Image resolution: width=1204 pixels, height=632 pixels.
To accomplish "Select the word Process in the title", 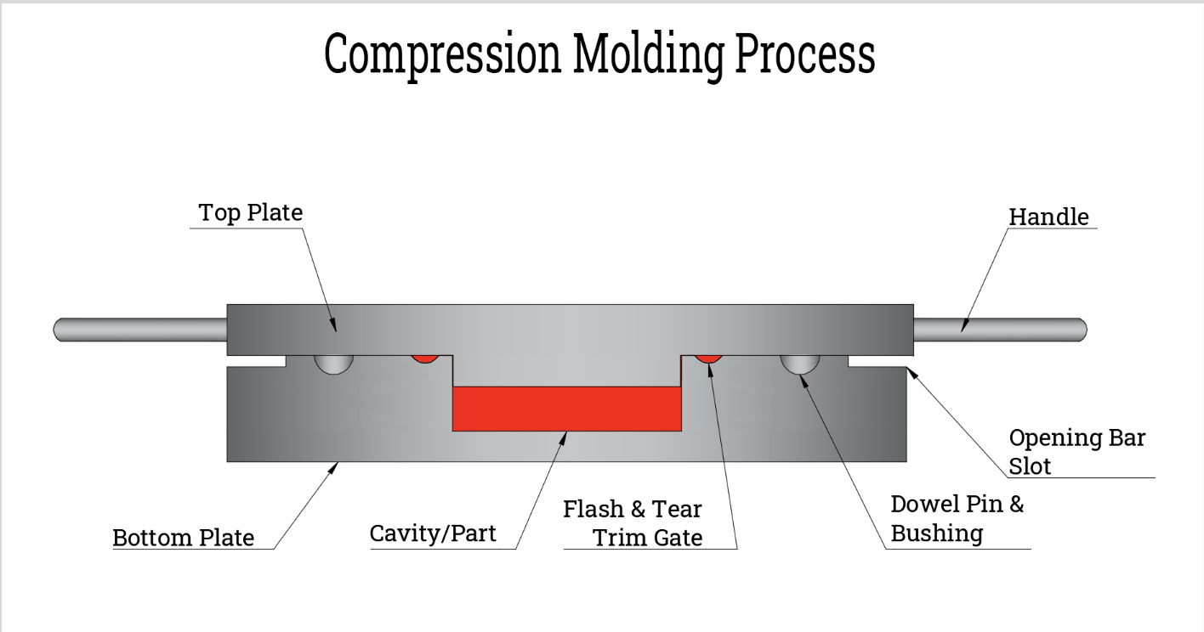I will point(804,54).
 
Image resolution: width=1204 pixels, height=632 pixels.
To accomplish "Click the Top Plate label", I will point(250,212).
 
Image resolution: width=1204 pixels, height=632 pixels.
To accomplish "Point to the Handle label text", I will point(1048,217).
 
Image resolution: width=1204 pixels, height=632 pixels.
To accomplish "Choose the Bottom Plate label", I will point(184,538).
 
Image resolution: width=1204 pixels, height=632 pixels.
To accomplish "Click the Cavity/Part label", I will point(432,534).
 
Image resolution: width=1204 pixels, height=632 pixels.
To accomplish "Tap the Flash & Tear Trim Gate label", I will point(633,523).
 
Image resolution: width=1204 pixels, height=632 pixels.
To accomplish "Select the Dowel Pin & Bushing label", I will point(957,518).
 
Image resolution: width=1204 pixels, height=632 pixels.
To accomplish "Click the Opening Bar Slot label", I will point(1076,451).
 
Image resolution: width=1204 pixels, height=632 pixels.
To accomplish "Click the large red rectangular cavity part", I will point(567,409).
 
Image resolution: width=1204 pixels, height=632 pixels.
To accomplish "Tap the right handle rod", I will point(1000,329).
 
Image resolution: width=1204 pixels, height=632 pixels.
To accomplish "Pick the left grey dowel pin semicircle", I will point(334,363).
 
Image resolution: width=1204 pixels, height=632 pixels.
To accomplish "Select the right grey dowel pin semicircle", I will point(800,363).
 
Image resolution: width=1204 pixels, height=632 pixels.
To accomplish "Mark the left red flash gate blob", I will point(424,358).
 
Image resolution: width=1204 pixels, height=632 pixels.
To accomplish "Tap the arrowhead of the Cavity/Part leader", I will point(565,434).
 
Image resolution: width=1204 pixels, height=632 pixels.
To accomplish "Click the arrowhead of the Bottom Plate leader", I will point(337,464).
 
